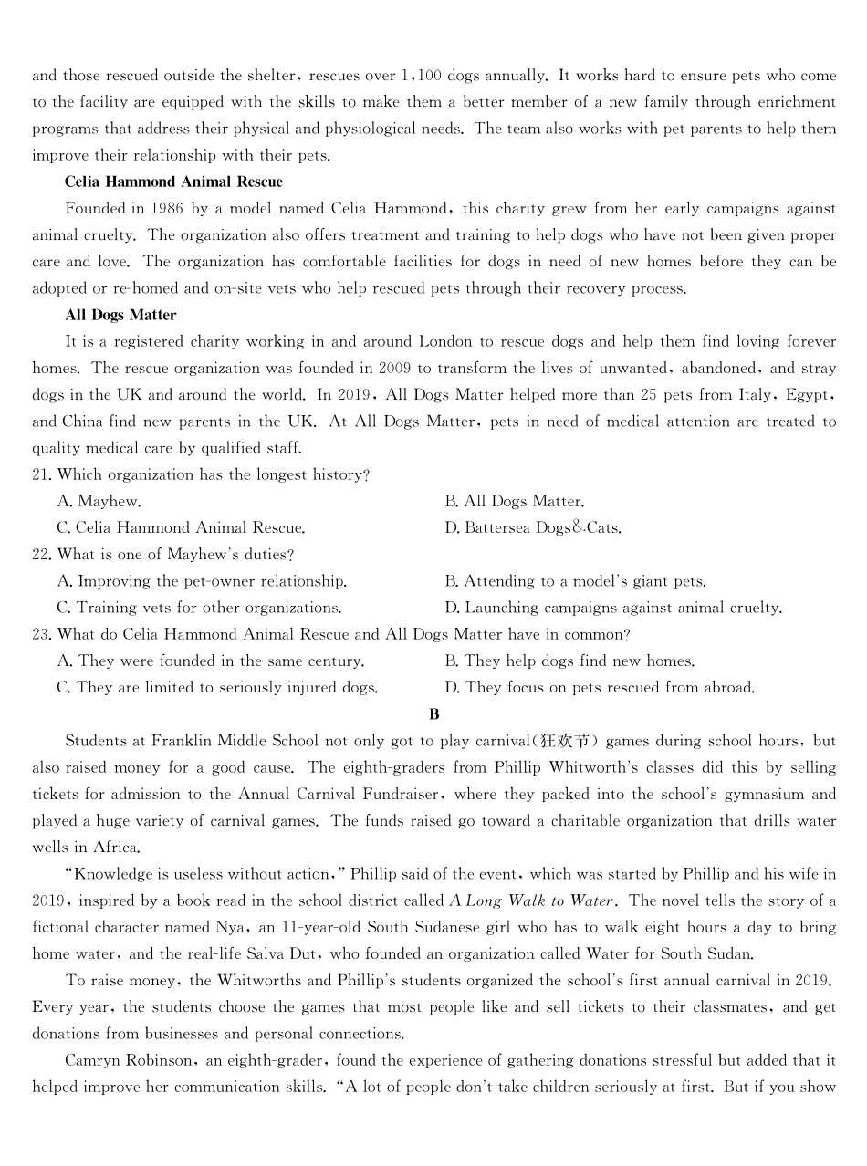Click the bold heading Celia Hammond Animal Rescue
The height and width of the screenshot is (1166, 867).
(173, 182)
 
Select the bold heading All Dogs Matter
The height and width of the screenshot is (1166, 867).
(120, 315)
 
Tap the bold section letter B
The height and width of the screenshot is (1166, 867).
(433, 714)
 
